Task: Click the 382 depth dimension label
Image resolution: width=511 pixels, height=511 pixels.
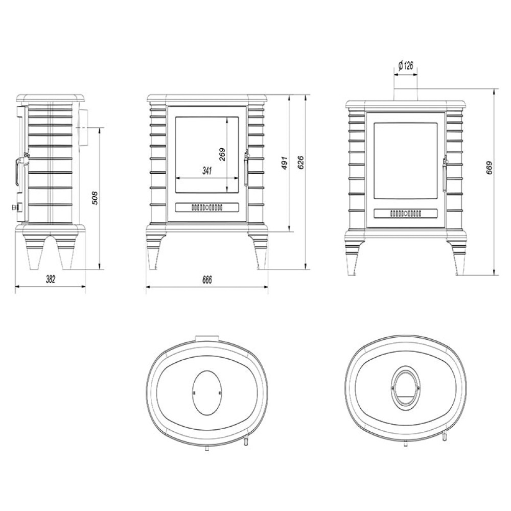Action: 51,280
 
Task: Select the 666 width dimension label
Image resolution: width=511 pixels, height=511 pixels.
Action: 207,280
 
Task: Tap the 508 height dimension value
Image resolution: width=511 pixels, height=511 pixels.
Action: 95,198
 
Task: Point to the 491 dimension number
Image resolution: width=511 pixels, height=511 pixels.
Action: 285,162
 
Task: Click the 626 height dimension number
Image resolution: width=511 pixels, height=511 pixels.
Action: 300,162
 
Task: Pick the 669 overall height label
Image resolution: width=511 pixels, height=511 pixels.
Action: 489,168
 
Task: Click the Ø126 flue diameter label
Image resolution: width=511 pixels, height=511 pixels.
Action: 406,66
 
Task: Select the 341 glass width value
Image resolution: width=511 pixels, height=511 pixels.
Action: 207,171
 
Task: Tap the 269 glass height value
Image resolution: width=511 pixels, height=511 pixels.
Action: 222,154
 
